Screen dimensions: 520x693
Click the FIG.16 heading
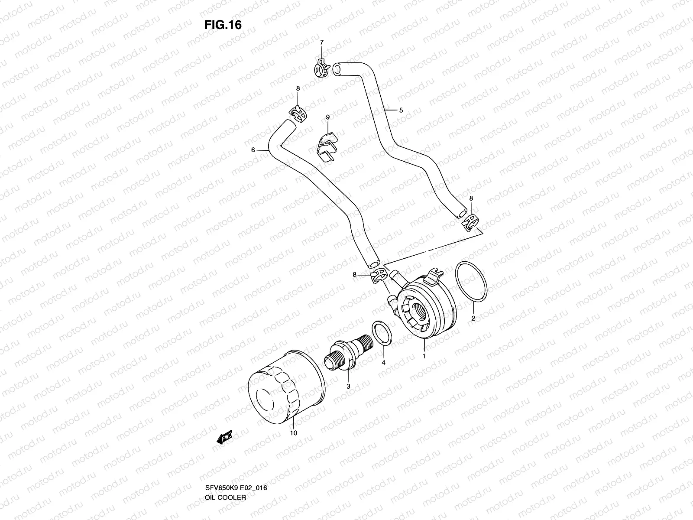pos(223,25)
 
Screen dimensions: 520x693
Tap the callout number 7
pos(321,42)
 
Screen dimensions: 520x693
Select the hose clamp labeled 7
pos(321,68)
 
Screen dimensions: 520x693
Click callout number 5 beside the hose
pos(401,110)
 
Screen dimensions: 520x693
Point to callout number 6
pos(253,150)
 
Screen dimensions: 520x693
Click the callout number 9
pos(328,117)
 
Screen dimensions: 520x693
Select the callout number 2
pos(473,318)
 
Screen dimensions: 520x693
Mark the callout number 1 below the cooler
pos(424,356)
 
